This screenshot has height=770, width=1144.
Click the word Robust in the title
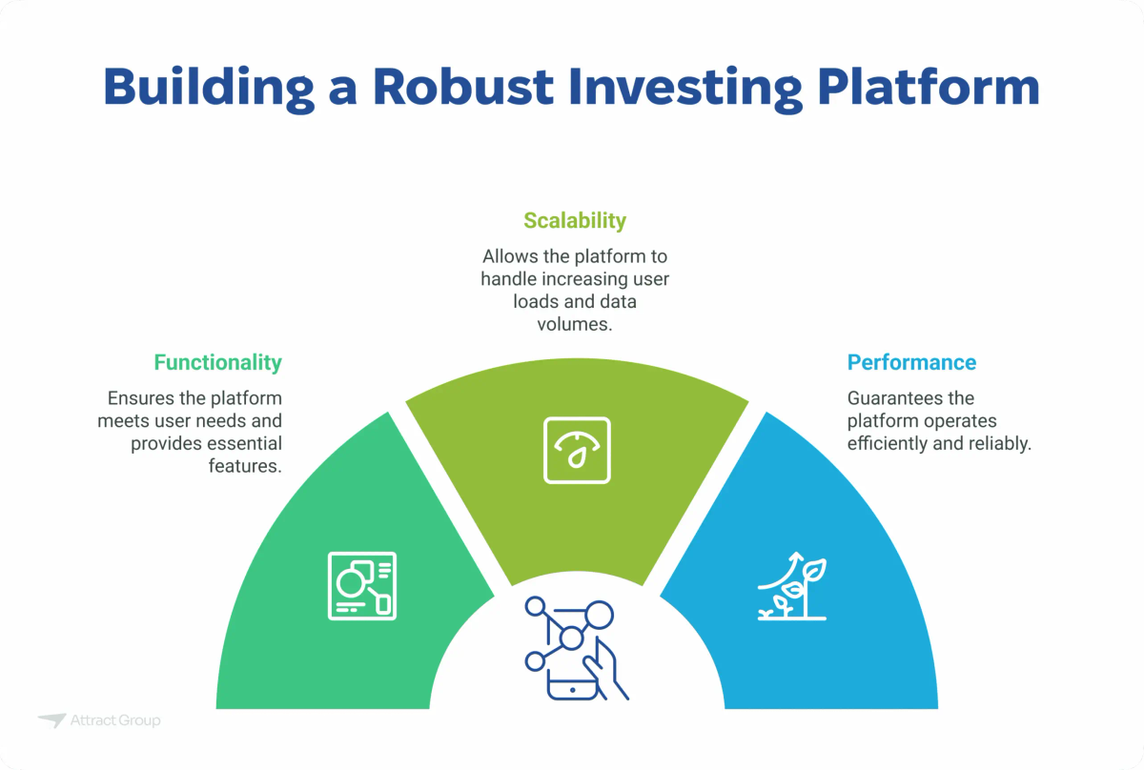461,87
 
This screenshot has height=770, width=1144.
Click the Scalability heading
574,221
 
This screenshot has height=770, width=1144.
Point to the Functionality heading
217,362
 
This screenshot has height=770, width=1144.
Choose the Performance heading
911,362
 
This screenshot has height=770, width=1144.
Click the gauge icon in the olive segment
577,449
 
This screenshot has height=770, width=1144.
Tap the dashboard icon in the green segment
362,584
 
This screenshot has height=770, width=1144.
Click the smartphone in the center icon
575,678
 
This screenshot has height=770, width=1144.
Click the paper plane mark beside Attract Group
51,720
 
